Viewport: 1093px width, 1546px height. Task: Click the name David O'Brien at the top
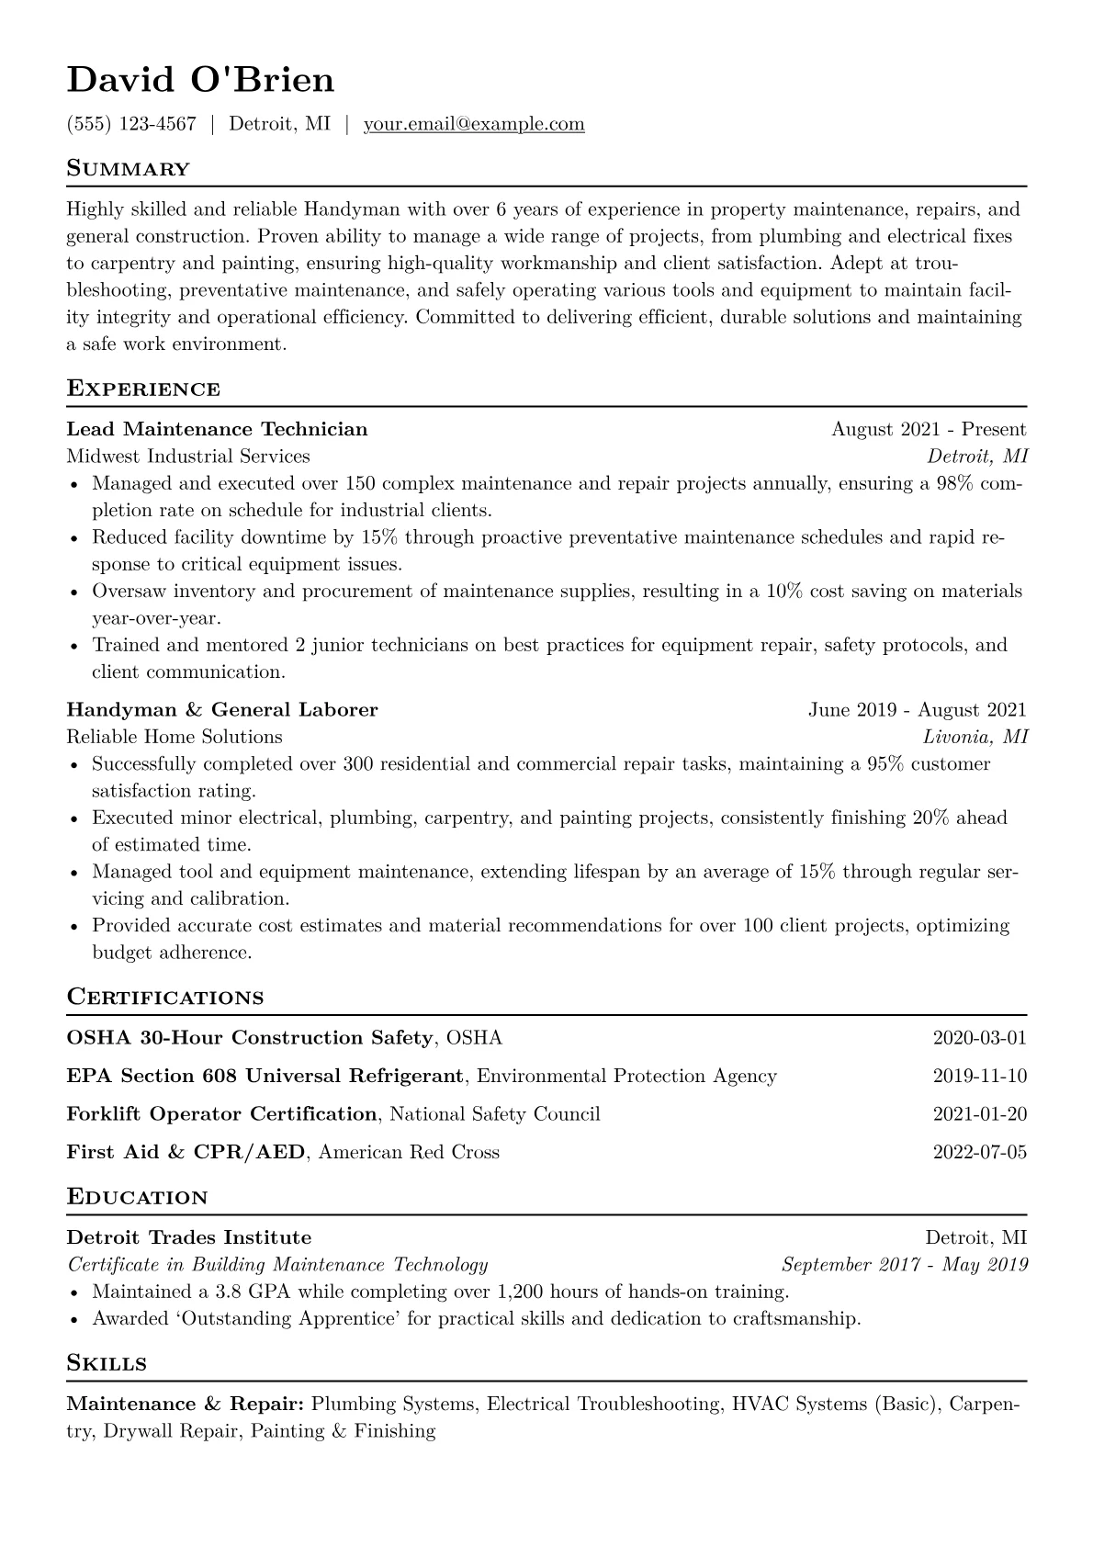(x=200, y=80)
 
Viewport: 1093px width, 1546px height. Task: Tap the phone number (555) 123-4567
(x=131, y=124)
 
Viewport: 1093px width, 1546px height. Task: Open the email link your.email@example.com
(x=474, y=124)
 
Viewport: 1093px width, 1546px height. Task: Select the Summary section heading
(x=129, y=169)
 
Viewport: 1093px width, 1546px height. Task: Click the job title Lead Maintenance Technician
(x=217, y=429)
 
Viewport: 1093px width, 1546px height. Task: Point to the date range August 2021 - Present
(x=929, y=429)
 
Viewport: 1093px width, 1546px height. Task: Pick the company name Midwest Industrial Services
(x=188, y=457)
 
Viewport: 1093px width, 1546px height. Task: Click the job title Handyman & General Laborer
(x=222, y=710)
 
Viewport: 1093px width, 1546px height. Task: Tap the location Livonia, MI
(x=975, y=737)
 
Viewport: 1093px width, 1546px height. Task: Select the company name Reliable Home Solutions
(x=175, y=737)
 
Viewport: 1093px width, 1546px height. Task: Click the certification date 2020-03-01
(x=979, y=1038)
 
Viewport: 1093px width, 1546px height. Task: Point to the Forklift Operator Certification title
(x=222, y=1114)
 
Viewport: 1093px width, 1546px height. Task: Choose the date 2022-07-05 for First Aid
(x=979, y=1152)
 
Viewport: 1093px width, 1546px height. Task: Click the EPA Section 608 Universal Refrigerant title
(x=265, y=1076)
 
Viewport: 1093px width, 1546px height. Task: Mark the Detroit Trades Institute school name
(x=189, y=1237)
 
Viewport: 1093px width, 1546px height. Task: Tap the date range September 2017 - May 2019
(x=905, y=1265)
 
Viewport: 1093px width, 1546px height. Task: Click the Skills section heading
(x=107, y=1363)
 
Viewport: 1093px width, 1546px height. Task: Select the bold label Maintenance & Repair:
(x=186, y=1405)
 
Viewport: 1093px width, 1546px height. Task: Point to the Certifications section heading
(x=165, y=998)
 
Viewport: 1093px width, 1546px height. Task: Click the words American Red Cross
(x=409, y=1152)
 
